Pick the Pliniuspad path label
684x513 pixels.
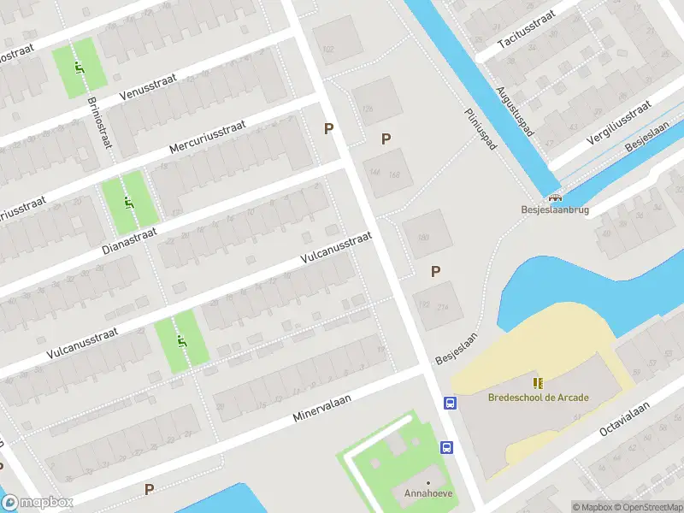[x=481, y=129]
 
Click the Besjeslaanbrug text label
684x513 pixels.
[x=555, y=208]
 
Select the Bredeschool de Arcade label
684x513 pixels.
[x=539, y=397]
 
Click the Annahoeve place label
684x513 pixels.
[x=428, y=494]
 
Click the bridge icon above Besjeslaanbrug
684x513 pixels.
[x=555, y=196]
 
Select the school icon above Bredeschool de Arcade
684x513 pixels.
[x=538, y=382]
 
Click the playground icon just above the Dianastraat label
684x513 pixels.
[x=128, y=203]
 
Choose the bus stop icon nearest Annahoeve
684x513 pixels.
[x=445, y=447]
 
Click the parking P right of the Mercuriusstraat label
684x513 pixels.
[x=327, y=129]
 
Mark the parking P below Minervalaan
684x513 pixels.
[x=149, y=490]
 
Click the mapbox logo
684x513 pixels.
[x=38, y=503]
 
